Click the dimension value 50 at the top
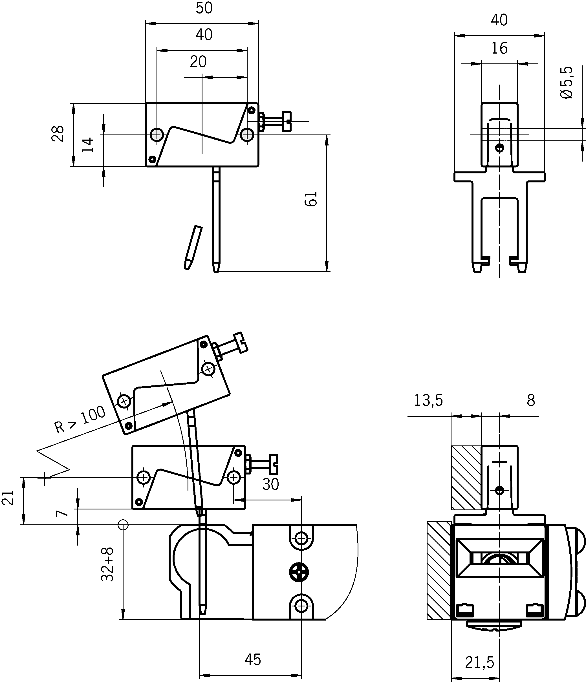[x=204, y=8]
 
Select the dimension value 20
[x=198, y=62]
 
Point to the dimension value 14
[x=88, y=145]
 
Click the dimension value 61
[x=311, y=198]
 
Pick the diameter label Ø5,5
[x=566, y=83]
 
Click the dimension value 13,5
[x=428, y=401]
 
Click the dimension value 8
[x=531, y=401]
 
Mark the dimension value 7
[x=62, y=513]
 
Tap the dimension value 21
[x=8, y=497]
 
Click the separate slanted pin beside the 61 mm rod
[x=193, y=248]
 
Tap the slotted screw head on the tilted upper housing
[x=242, y=343]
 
